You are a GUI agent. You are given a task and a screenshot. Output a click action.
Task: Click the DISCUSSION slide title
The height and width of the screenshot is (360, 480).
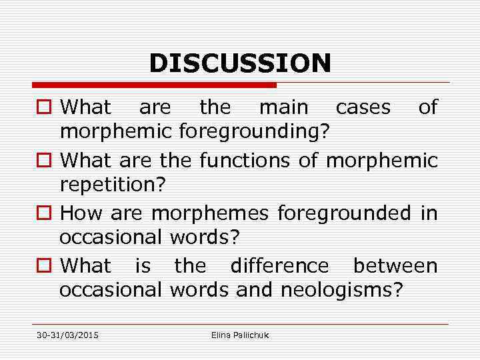(x=240, y=63)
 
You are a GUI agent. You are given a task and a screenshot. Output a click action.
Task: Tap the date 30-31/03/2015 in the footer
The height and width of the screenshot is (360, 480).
(x=67, y=335)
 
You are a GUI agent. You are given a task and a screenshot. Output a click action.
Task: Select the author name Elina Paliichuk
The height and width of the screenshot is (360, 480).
(x=240, y=335)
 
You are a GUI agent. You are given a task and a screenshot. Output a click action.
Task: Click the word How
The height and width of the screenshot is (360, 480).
(x=81, y=213)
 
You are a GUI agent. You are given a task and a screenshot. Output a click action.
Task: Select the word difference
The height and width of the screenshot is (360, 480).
(x=279, y=265)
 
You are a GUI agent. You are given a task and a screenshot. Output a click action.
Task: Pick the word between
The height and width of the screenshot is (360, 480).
(x=395, y=265)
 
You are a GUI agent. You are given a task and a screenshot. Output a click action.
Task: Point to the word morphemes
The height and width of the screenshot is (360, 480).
(x=210, y=213)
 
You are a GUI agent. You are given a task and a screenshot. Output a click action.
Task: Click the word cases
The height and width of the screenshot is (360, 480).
(x=363, y=107)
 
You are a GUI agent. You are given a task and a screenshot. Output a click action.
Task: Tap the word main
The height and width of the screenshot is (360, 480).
(x=283, y=107)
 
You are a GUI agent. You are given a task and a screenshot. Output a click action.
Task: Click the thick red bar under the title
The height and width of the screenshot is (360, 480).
(x=153, y=85)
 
